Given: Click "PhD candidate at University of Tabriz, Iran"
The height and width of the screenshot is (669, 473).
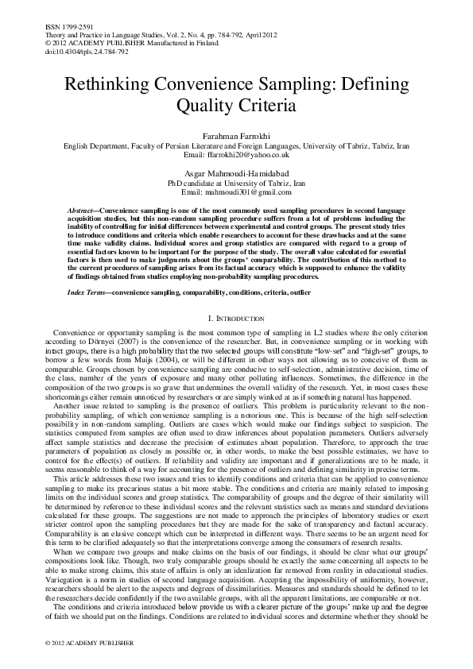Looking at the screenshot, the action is (236, 183).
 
